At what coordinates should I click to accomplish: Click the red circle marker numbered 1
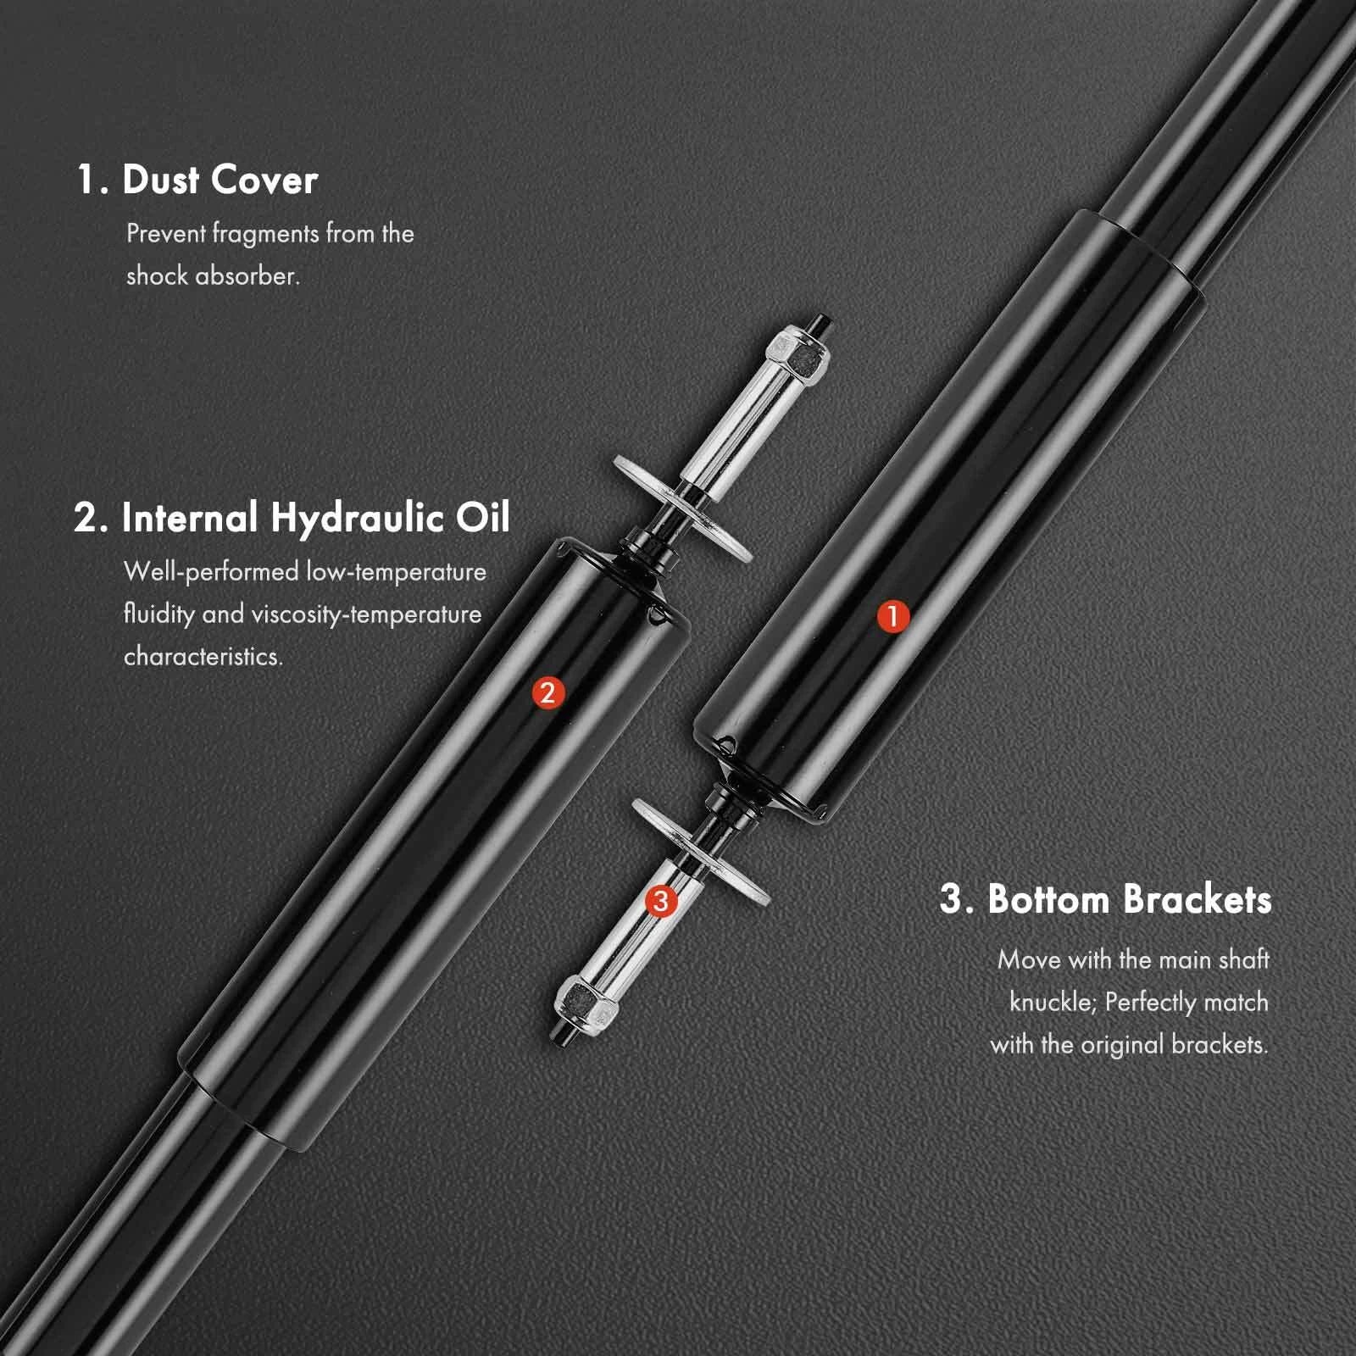click(892, 616)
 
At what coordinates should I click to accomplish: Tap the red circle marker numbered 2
click(547, 692)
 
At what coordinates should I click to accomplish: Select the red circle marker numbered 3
click(661, 901)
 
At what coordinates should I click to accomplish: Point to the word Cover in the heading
click(264, 180)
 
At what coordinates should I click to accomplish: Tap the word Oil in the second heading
click(484, 516)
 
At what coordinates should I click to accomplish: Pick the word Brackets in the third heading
click(1198, 898)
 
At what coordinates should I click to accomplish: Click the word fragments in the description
click(265, 235)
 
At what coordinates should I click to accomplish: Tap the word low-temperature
click(397, 573)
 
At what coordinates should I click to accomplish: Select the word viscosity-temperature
click(366, 614)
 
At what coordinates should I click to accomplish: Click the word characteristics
click(203, 657)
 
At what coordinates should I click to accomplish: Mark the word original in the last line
click(1122, 1045)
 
